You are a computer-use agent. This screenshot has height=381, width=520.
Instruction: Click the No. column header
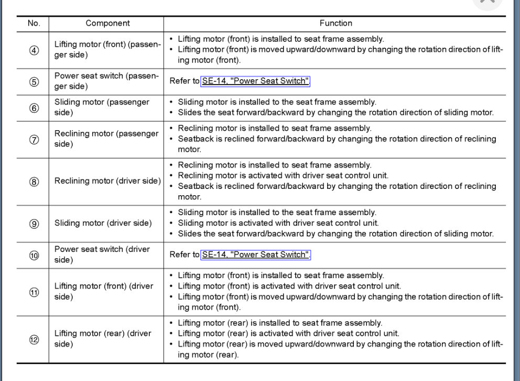(x=34, y=23)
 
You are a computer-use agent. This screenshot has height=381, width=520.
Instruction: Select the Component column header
(x=107, y=23)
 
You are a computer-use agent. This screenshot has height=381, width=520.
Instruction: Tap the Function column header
(x=335, y=23)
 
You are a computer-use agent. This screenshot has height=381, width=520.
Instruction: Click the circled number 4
(x=34, y=50)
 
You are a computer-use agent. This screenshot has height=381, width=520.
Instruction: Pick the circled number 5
(x=34, y=82)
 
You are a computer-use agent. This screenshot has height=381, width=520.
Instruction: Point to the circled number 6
(x=34, y=108)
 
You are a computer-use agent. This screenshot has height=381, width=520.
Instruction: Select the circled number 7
(x=34, y=140)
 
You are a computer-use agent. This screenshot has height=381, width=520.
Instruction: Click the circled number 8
(x=34, y=182)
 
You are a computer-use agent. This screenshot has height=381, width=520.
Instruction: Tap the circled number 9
(x=34, y=224)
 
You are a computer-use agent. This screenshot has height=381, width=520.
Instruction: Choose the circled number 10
(x=34, y=255)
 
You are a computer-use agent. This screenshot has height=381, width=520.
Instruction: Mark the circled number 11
(x=34, y=292)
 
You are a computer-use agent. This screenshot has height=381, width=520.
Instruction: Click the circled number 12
(x=34, y=340)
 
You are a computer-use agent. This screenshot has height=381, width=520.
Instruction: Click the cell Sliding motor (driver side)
(x=103, y=223)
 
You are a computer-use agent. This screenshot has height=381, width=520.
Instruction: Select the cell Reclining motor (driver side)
(x=107, y=181)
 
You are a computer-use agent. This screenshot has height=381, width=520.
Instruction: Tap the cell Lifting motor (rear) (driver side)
(x=103, y=338)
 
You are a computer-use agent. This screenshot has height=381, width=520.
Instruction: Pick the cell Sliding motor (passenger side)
(x=102, y=107)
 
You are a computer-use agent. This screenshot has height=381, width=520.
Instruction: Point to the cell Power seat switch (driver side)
(x=102, y=255)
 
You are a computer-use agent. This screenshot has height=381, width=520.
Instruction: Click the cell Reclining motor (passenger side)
(x=106, y=139)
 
